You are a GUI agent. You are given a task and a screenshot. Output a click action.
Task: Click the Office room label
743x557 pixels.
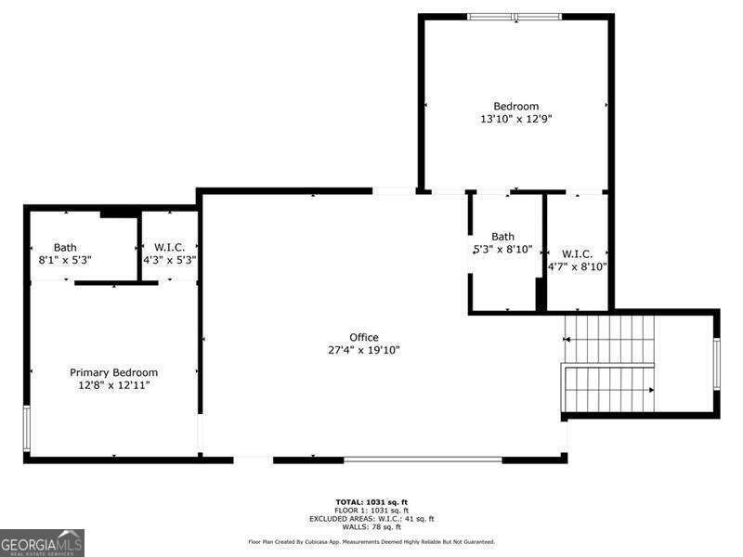tap(364, 337)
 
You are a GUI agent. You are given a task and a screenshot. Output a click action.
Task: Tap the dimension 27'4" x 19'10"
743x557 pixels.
tap(364, 350)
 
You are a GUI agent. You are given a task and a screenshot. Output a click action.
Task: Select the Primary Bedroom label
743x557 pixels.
tap(114, 372)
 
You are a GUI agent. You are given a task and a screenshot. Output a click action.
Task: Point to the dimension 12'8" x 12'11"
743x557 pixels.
tap(114, 384)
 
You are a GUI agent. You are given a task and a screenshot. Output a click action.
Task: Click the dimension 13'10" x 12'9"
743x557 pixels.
tap(515, 119)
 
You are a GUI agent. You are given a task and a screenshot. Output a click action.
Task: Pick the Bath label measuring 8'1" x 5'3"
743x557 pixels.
tap(65, 247)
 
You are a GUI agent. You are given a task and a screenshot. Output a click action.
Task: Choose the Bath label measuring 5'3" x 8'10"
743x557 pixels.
tap(502, 237)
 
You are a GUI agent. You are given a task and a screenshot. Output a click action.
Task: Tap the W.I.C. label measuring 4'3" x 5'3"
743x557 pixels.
tap(170, 247)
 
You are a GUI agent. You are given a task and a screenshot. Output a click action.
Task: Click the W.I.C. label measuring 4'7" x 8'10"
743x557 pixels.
tap(577, 253)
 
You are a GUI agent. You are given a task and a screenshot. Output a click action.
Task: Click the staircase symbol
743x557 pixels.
tap(609, 363)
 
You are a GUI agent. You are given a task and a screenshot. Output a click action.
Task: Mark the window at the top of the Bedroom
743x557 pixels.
tap(515, 16)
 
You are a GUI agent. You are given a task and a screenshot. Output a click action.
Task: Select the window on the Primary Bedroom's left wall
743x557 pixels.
tap(27, 428)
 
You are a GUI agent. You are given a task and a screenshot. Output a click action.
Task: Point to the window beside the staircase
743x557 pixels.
tap(716, 363)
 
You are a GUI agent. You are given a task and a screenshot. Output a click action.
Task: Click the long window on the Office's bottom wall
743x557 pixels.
tap(423, 459)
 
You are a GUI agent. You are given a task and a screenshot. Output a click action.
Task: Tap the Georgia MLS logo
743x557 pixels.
tap(42, 542)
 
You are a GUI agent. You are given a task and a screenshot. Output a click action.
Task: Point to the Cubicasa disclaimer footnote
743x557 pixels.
tap(371, 541)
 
